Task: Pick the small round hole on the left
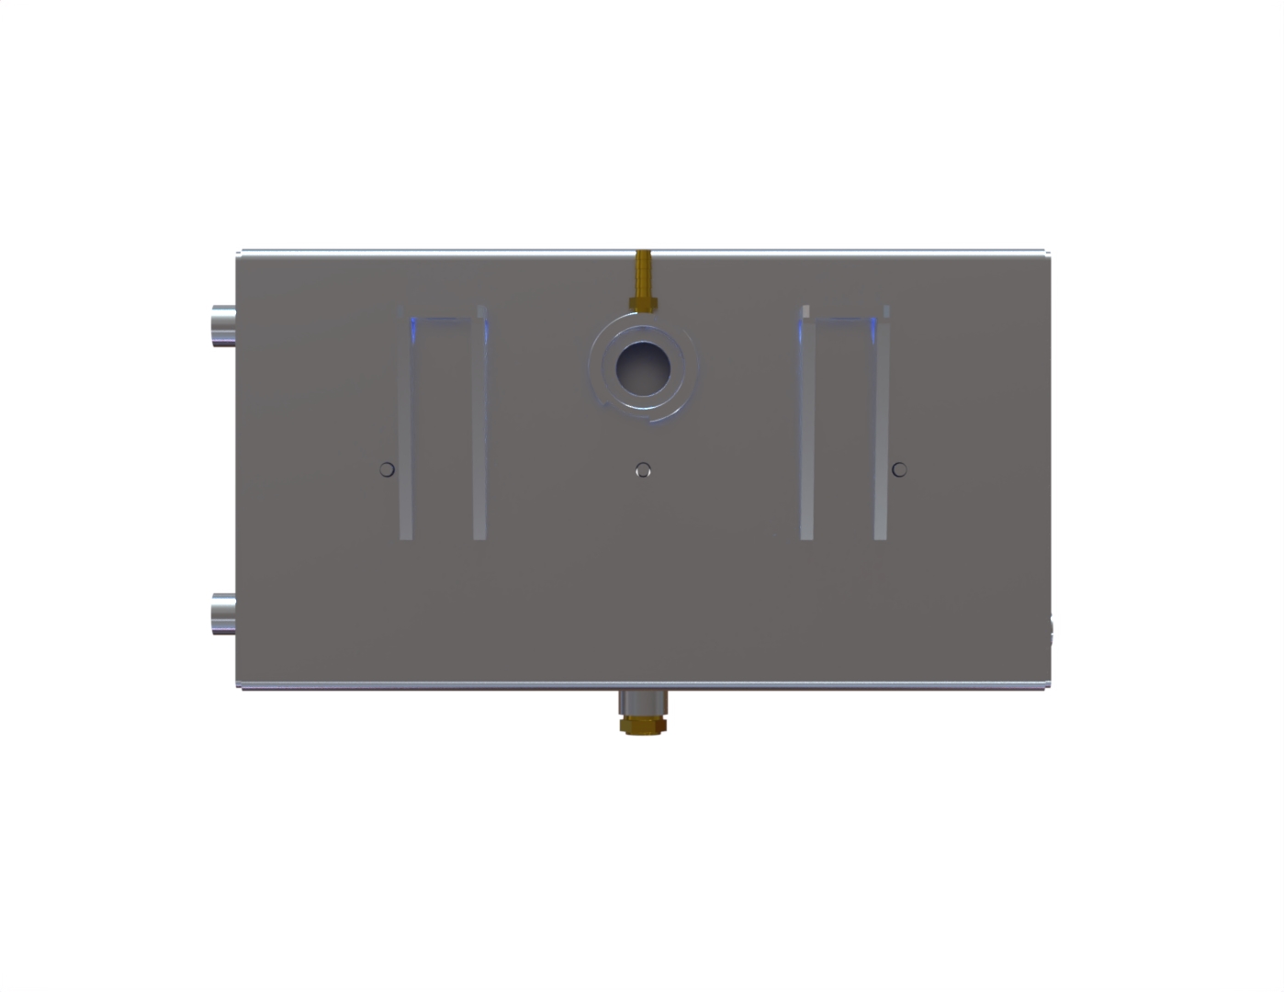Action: pos(387,469)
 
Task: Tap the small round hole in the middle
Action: pos(643,469)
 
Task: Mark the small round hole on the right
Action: pos(899,469)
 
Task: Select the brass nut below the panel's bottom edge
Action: pos(643,726)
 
